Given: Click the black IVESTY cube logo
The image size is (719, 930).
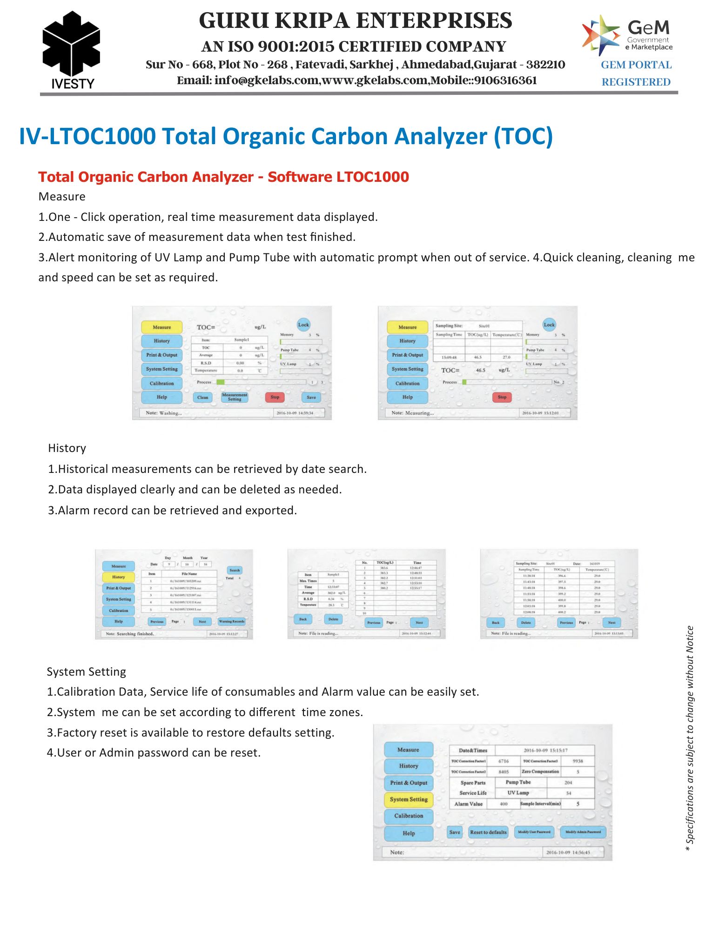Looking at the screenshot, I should pos(71,44).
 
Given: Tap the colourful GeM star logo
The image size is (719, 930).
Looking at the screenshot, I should pos(600,34).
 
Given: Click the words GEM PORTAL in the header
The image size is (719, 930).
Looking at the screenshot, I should pos(636,65).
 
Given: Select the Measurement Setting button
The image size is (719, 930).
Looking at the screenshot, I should pos(235,397).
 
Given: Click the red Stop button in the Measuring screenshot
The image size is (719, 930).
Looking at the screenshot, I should pos(502,397).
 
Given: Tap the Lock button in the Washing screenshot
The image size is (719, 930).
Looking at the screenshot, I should pos(303,325).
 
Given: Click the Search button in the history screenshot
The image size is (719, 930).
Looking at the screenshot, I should pos(235,570).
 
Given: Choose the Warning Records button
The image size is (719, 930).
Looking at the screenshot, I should pos(231,621).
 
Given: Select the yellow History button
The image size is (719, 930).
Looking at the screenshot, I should pos(118,577).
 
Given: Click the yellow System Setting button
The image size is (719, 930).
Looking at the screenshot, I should pos(409,799).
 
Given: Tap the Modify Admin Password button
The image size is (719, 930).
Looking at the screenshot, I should pos(583,832).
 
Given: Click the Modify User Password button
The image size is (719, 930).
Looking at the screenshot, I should pos(534,832).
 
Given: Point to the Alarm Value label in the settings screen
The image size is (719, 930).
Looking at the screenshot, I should pos(468,804).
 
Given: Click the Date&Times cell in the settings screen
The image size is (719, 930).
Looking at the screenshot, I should pos(473,750).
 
